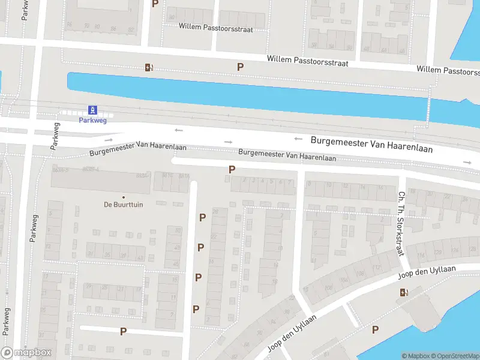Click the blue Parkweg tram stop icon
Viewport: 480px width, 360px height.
tap(92, 110)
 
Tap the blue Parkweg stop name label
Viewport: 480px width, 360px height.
tap(92, 119)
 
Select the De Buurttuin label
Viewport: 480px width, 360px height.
tap(124, 205)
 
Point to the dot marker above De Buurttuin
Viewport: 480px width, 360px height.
tap(124, 197)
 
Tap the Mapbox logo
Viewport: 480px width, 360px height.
tap(26, 353)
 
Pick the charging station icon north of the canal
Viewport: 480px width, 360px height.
tap(148, 67)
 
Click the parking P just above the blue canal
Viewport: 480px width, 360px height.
tap(240, 67)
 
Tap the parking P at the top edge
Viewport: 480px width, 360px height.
tap(155, 4)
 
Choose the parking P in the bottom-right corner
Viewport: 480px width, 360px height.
tap(375, 329)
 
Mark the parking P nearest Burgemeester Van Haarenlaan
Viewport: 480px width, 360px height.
tap(232, 170)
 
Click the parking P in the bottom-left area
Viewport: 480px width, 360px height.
tap(123, 331)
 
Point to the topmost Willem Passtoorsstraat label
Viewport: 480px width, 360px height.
tap(216, 28)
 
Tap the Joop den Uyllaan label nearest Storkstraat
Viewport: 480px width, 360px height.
tap(427, 273)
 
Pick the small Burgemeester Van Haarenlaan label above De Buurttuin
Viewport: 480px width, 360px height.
tap(138, 149)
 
